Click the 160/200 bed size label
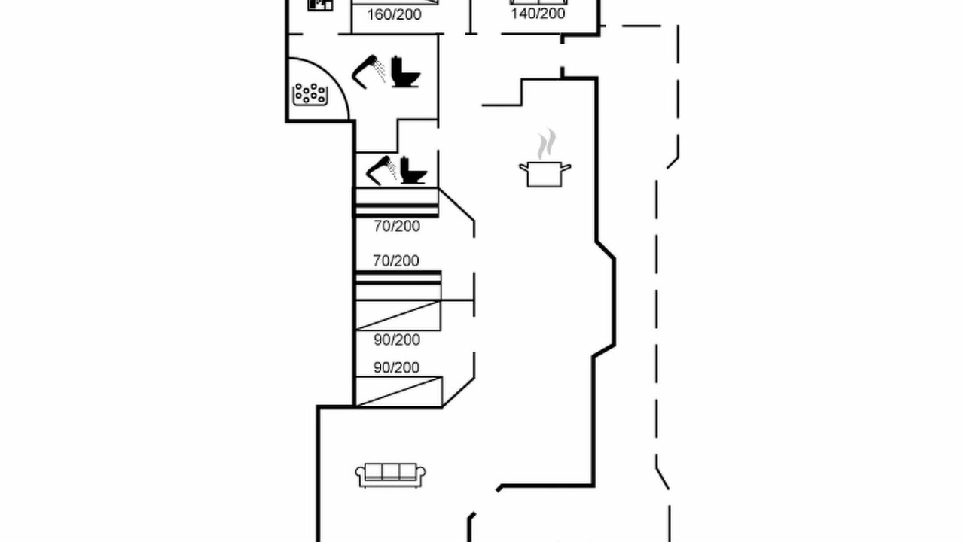pos(394,14)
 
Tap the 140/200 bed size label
pos(538,14)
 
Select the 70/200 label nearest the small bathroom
pos(397,227)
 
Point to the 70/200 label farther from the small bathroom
pos(396,261)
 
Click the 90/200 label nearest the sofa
pos(396,368)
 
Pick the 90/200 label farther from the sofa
pos(397,340)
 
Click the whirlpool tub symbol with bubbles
pos(310,94)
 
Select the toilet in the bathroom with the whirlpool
pos(405,72)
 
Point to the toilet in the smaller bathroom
pos(413,171)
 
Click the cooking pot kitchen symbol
pos(545,174)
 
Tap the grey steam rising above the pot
pos(547,144)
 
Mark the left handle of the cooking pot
pos(523,167)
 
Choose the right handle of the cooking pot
pos(566,167)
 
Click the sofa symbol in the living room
pos(390,475)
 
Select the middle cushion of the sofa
pos(390,472)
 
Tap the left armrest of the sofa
pos(360,475)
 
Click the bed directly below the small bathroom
pos(396,202)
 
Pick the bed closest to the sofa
pos(398,391)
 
